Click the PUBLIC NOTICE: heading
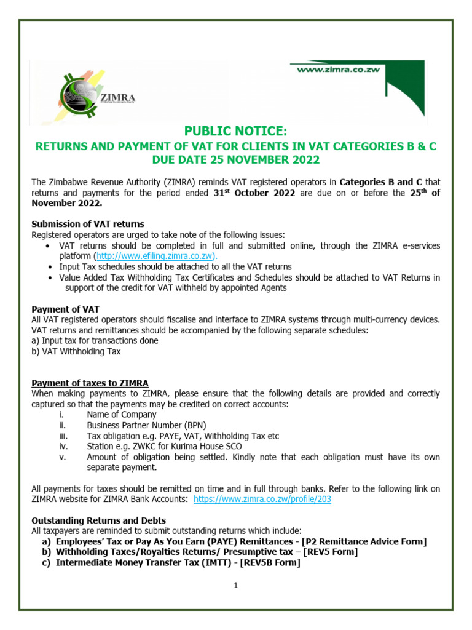[x=235, y=131]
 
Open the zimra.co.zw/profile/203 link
[x=262, y=500]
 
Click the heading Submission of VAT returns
[x=88, y=224]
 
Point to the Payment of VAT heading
[x=65, y=309]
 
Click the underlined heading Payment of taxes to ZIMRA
[x=90, y=383]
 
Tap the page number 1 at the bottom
[x=235, y=586]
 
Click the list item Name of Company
[x=122, y=415]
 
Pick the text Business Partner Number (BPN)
[x=146, y=425]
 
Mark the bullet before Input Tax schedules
[x=49, y=267]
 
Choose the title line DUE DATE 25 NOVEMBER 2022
[x=236, y=161]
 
